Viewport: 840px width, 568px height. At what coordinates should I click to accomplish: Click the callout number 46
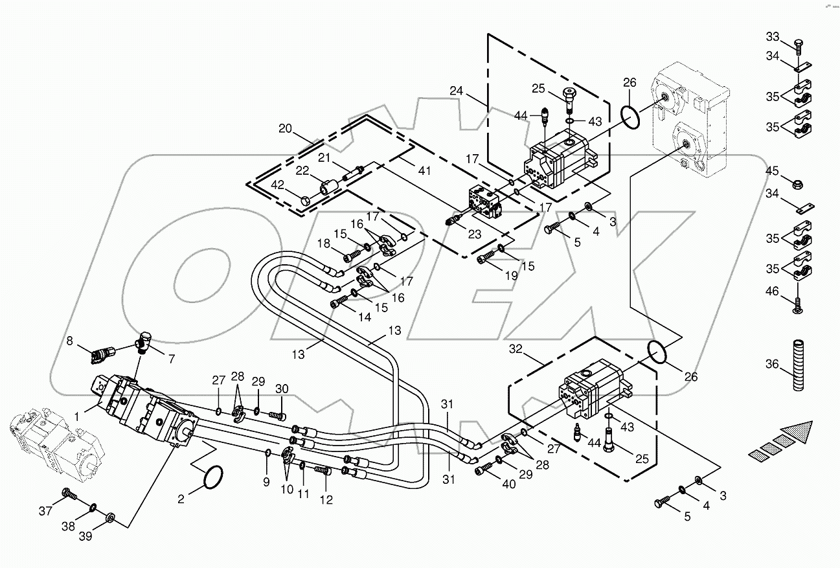click(x=772, y=291)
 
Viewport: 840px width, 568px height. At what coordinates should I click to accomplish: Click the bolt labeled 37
click(x=69, y=495)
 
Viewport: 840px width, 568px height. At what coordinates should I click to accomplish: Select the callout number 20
click(x=286, y=128)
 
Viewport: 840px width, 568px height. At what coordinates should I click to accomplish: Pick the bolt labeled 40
click(x=483, y=470)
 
